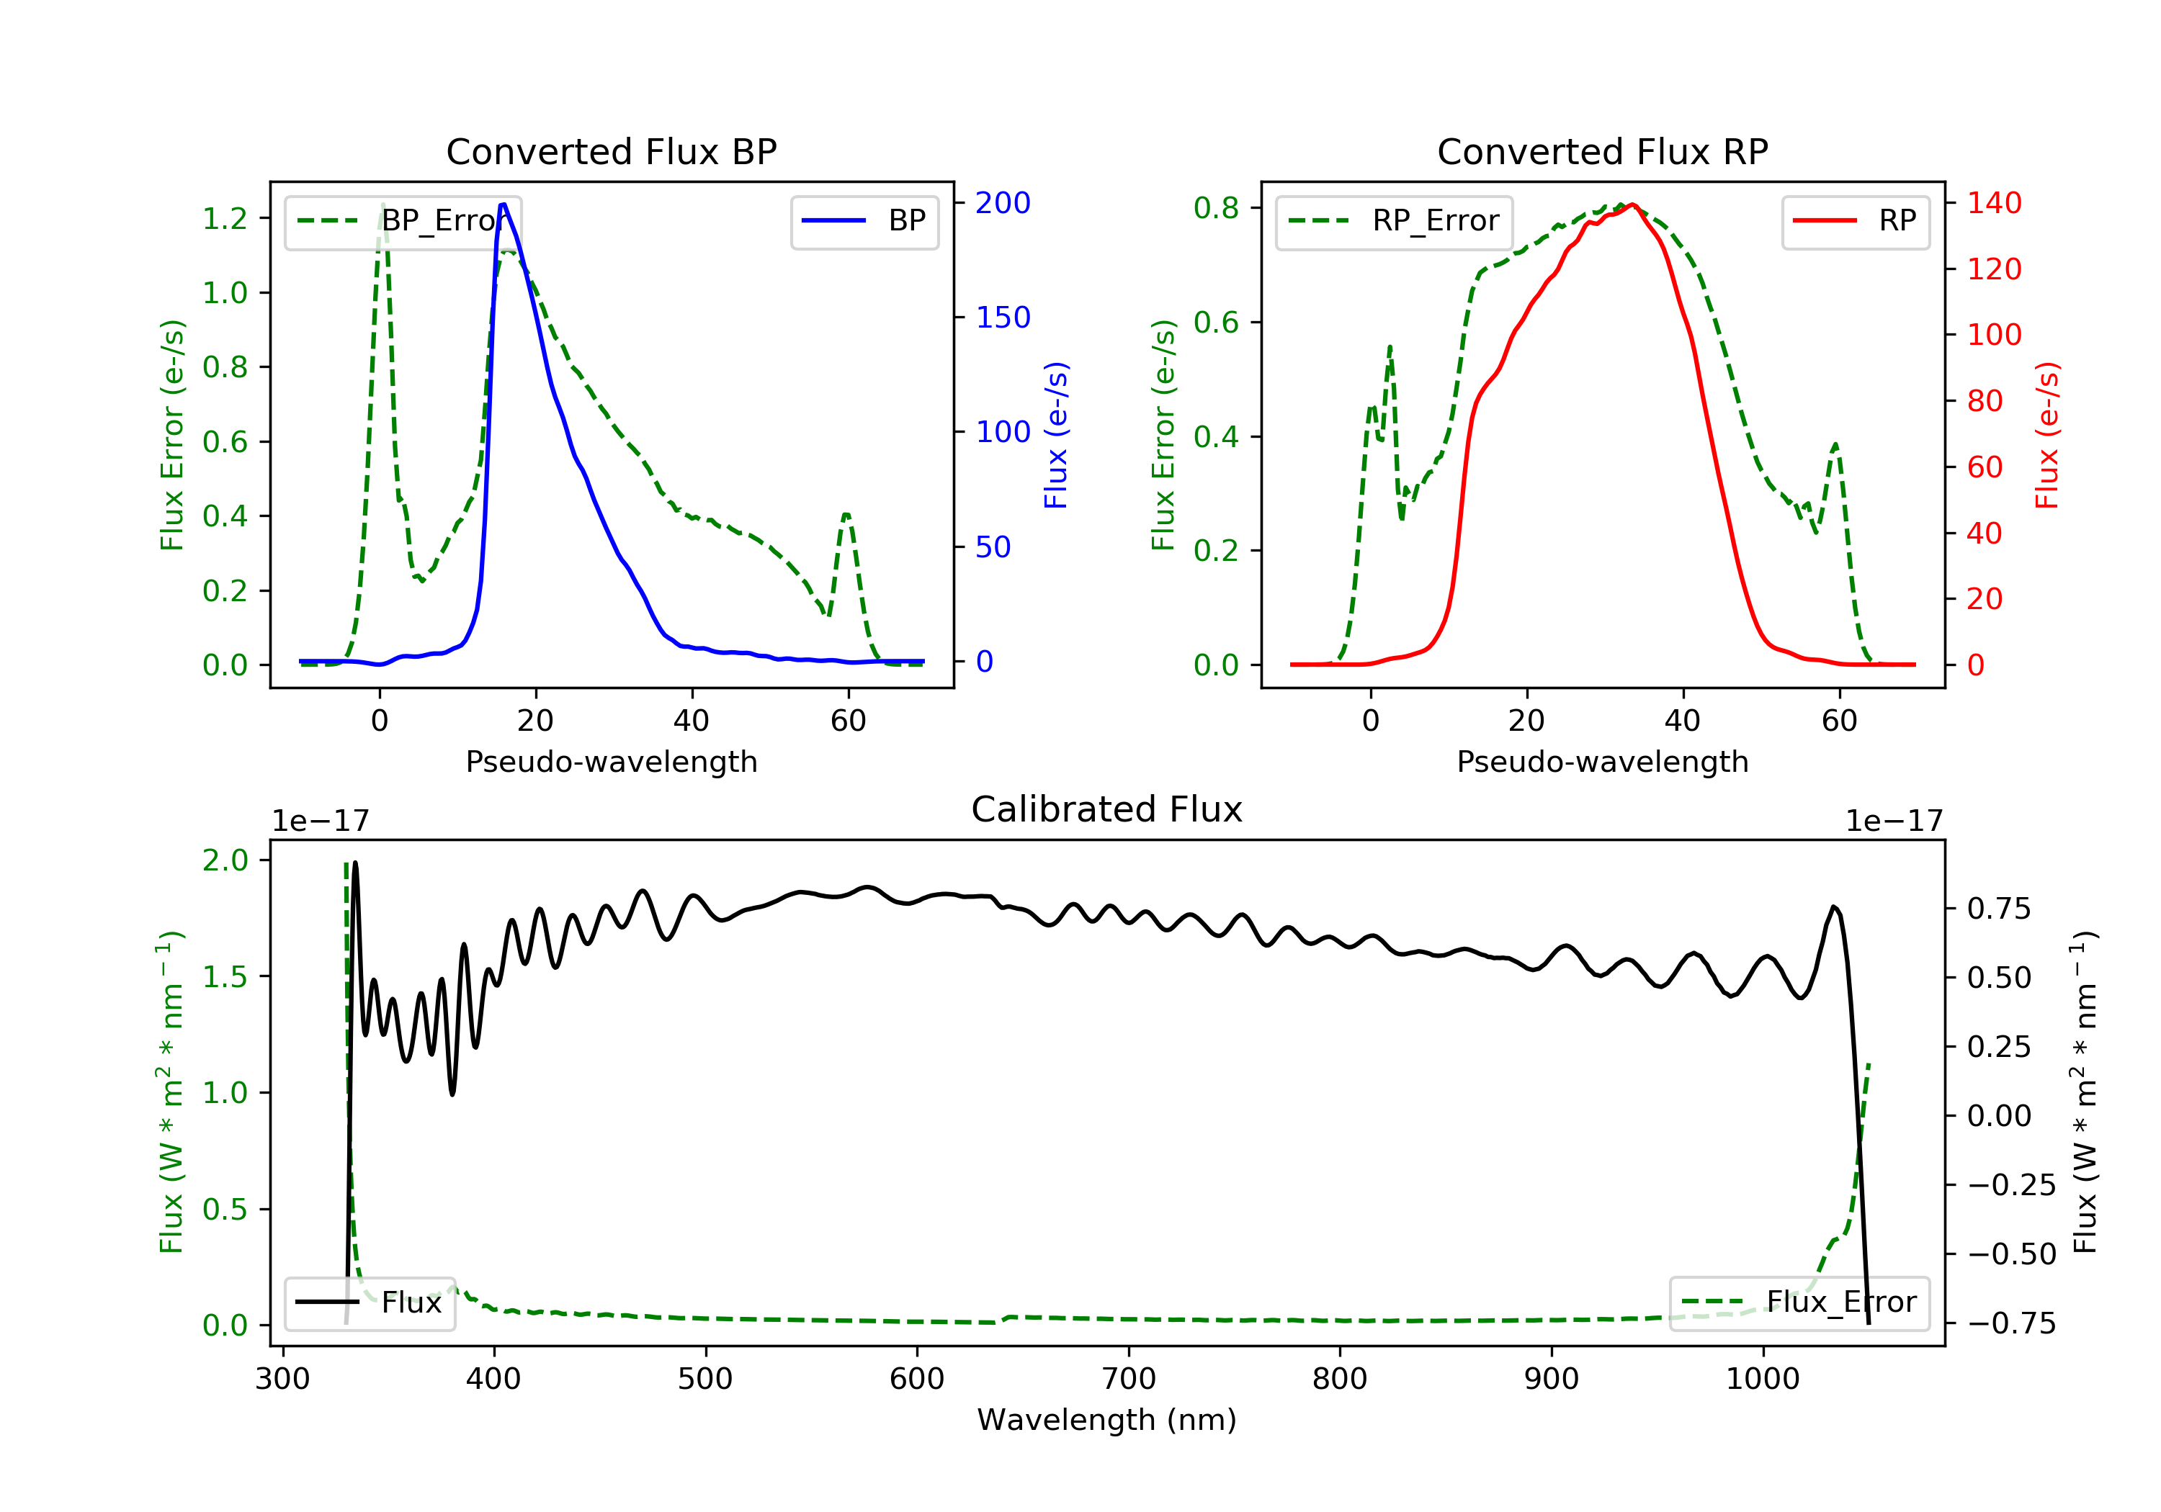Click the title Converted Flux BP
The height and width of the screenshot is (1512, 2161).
click(x=612, y=151)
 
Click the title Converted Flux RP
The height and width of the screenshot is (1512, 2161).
click(x=1603, y=151)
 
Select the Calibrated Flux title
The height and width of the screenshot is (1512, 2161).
click(x=1107, y=809)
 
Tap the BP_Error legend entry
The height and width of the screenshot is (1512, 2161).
click(x=403, y=221)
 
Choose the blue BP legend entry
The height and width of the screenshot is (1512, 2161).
click(x=864, y=221)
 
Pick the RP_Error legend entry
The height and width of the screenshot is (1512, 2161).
click(x=1394, y=221)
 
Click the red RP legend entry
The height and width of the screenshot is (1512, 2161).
click(x=1855, y=221)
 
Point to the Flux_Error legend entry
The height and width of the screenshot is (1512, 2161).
click(x=1799, y=1302)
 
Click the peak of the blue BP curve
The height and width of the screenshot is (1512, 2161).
click(x=504, y=204)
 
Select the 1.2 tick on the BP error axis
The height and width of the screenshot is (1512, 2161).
click(x=225, y=218)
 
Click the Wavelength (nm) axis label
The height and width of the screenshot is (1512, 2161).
click(x=1107, y=1420)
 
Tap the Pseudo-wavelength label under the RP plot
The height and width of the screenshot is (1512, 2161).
click(x=1603, y=761)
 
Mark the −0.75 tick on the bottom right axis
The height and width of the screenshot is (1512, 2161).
click(x=2011, y=1324)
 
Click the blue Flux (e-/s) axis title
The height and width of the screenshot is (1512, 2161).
click(x=1056, y=436)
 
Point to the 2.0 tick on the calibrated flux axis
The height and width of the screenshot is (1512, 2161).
click(x=225, y=860)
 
